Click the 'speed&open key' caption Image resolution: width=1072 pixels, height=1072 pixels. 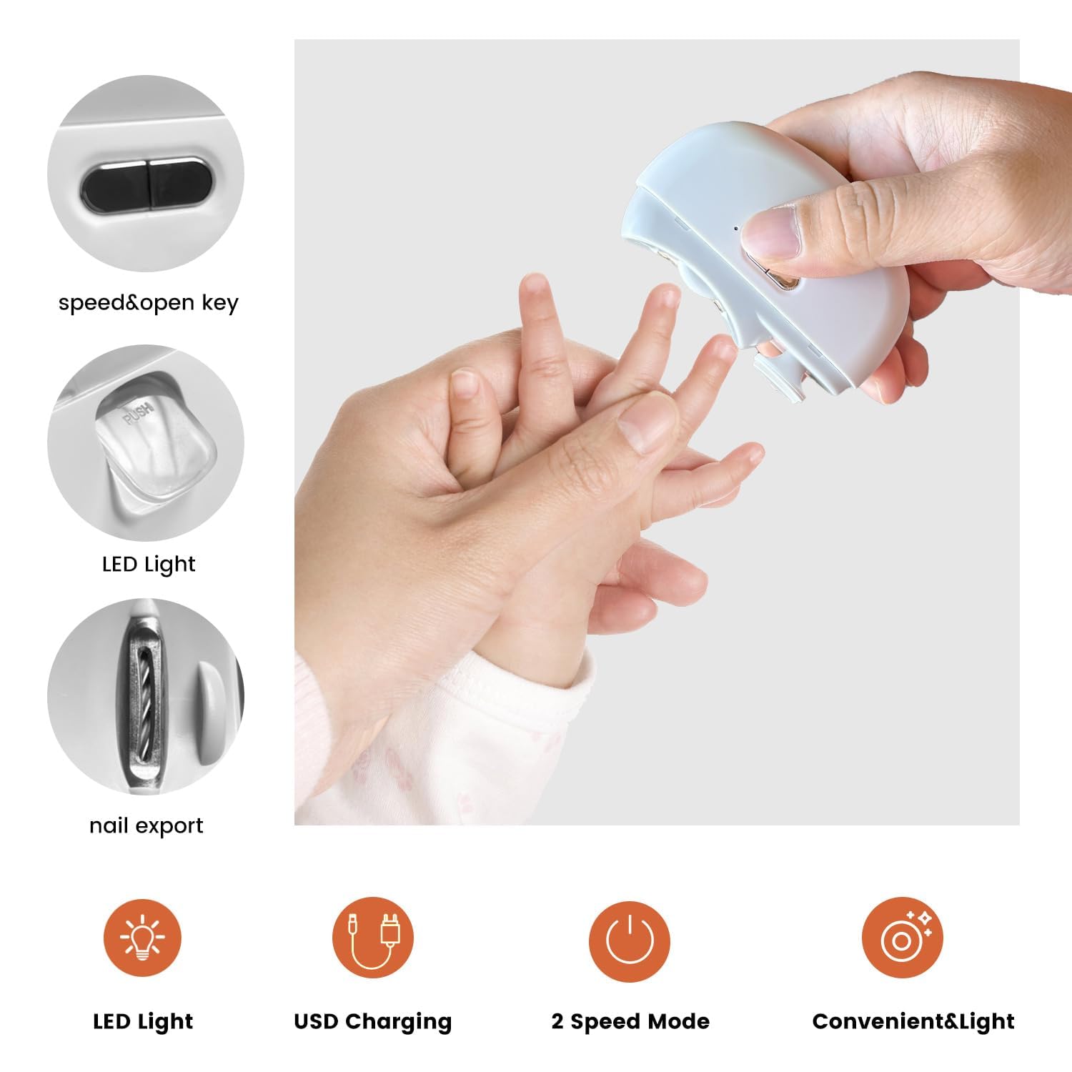coord(148,303)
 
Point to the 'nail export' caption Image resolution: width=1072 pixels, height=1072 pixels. coord(147,826)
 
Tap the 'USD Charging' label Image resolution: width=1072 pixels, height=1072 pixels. coord(372,1021)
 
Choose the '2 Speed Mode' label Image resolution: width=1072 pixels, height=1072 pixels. coord(630,1021)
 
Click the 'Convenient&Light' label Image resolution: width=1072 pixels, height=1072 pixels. coord(913,1021)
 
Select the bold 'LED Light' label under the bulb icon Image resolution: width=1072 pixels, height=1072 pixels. coord(143,1021)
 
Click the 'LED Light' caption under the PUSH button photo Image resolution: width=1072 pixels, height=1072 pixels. coord(149,565)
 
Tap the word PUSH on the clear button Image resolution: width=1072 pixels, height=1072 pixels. coord(137,415)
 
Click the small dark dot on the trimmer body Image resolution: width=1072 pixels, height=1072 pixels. coord(736,229)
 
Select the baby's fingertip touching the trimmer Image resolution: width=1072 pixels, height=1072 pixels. coord(722,349)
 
